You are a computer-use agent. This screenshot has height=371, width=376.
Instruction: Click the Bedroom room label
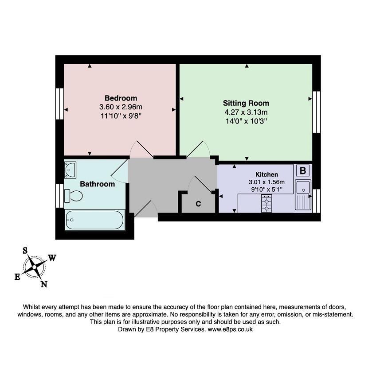tap(121, 98)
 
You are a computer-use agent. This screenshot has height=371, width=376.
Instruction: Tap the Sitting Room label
tap(246, 103)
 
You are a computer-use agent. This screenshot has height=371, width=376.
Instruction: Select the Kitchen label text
tap(266, 174)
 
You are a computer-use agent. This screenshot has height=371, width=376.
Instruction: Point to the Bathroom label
tap(98, 184)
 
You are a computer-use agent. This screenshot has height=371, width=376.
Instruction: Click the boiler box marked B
tap(303, 171)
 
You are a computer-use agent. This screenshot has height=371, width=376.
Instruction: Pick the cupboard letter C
tap(198, 204)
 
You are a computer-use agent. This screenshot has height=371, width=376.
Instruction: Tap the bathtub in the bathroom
tap(95, 220)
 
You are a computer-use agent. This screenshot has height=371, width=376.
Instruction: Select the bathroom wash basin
tap(70, 170)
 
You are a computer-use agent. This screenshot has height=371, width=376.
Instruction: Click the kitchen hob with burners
tap(266, 204)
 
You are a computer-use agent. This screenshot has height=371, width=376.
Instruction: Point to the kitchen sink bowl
tap(303, 187)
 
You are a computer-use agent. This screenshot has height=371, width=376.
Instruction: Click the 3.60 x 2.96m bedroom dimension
tap(121, 107)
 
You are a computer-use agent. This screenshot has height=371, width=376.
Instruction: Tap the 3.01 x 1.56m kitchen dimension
tap(266, 182)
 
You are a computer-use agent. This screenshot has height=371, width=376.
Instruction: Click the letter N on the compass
tap(44, 284)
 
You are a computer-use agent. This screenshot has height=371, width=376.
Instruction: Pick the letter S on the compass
tap(25, 251)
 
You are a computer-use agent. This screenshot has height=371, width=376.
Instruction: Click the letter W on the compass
tap(52, 258)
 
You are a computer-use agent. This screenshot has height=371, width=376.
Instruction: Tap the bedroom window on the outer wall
tap(60, 104)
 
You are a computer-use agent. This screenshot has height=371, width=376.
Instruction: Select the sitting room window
tap(317, 112)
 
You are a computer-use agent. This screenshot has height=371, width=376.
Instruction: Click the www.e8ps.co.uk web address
tap(230, 329)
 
